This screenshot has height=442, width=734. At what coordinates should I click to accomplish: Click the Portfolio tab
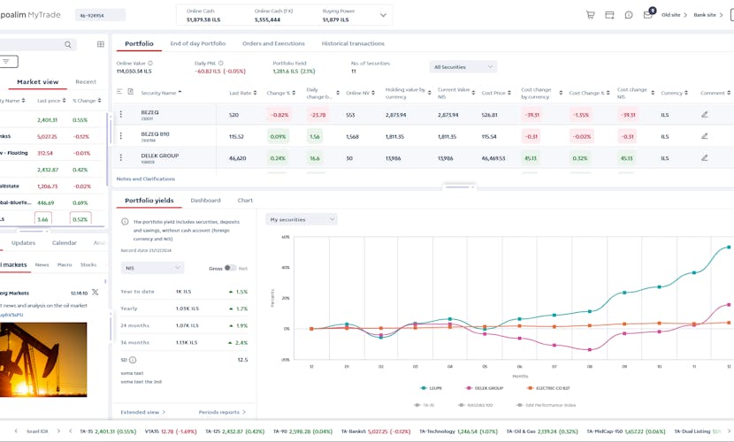[139, 43]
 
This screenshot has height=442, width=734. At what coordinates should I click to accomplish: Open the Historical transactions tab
[353, 43]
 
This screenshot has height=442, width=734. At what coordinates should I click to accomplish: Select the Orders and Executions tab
[273, 43]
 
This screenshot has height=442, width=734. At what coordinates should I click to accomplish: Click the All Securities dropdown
[463, 67]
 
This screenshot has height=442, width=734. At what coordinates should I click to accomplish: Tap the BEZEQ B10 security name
[155, 136]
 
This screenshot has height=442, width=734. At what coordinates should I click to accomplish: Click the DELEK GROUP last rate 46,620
[237, 157]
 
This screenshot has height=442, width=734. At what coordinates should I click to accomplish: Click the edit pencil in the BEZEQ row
[705, 115]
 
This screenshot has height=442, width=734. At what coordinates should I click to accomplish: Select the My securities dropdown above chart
[302, 219]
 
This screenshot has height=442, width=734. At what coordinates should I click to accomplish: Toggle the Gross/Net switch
[230, 268]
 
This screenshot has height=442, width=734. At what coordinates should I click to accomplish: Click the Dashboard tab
[205, 201]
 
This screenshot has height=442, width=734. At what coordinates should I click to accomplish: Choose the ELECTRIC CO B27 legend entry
[554, 388]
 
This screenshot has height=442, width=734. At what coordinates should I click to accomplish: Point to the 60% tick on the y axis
[286, 237]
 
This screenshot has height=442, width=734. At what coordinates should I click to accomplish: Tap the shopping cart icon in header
[590, 15]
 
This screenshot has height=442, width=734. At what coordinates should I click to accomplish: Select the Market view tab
[37, 81]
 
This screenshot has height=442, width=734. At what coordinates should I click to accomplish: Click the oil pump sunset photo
[43, 359]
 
